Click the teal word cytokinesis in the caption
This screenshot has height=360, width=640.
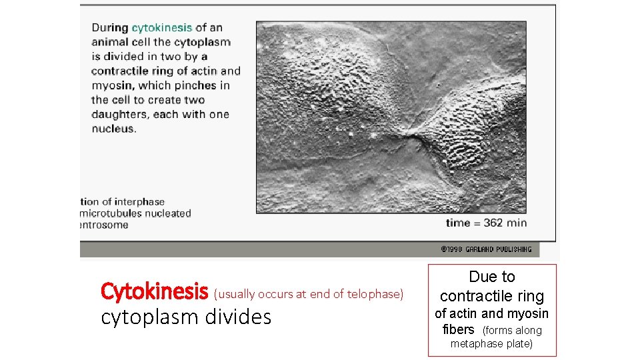(x=162, y=28)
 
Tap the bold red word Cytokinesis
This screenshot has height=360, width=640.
(x=154, y=291)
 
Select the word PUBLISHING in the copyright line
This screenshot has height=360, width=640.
(x=515, y=249)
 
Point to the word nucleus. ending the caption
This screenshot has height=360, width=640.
(x=113, y=129)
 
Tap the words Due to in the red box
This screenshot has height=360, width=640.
(x=492, y=277)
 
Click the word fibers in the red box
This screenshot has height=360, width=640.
(x=458, y=329)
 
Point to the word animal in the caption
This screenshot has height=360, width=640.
(x=109, y=43)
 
